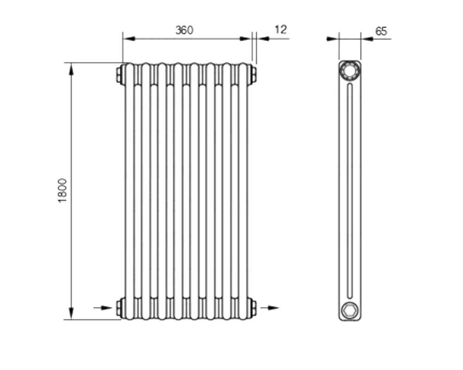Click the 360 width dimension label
[x=184, y=30]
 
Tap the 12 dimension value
[x=281, y=30]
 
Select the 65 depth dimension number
[x=381, y=31]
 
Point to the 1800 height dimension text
[x=63, y=190]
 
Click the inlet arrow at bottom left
[x=103, y=308]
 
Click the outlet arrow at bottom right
[x=269, y=308]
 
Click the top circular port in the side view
[x=350, y=70]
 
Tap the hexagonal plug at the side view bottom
[x=350, y=310]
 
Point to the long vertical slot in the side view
[x=350, y=191]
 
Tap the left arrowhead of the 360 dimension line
[x=129, y=38]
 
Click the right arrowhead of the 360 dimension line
[x=245, y=38]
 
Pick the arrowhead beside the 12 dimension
[x=263, y=38]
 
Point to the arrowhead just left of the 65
[x=367, y=39]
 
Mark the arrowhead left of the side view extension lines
[x=332, y=39]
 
